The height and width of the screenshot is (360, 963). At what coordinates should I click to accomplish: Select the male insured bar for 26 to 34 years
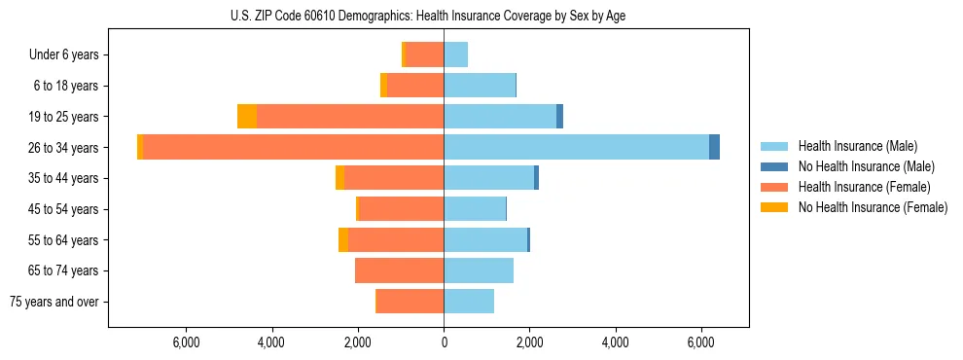coord(576,147)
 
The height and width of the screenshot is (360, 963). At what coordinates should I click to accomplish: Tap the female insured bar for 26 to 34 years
coord(293,147)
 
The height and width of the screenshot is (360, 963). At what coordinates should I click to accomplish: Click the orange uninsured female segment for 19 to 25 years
coord(247,117)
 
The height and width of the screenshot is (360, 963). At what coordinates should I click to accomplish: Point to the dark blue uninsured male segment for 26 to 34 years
coord(714,147)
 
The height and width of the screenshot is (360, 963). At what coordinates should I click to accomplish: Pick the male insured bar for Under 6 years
coord(455,55)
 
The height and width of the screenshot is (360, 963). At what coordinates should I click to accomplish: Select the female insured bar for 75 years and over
coord(410,302)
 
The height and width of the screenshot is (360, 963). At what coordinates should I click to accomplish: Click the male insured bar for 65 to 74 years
coord(479,270)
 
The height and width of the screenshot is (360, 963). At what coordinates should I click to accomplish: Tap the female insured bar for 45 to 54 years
coord(401,209)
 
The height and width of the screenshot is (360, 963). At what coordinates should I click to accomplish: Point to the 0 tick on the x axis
coord(444,342)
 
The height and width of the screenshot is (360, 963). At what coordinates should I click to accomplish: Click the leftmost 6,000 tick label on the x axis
coord(186,342)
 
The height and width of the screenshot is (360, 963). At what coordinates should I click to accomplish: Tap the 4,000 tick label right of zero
coord(616,342)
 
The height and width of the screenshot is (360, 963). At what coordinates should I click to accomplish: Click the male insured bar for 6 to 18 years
coord(480,86)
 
